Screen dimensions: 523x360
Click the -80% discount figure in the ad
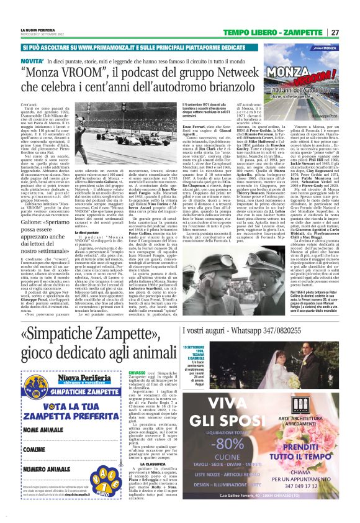click(x=227, y=444)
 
